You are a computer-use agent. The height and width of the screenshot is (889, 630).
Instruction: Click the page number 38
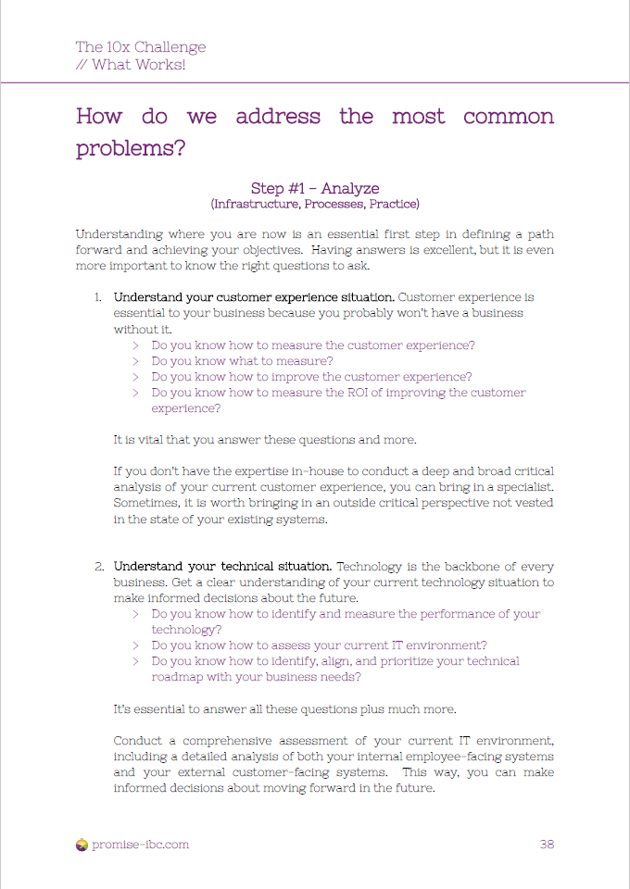[x=547, y=844]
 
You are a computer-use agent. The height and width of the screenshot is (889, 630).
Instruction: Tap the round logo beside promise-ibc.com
[x=82, y=844]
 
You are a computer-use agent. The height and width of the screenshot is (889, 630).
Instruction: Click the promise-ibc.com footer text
[x=140, y=844]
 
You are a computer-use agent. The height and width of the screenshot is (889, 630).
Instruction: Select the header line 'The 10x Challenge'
[x=141, y=47]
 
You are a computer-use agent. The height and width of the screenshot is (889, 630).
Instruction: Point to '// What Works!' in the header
[x=131, y=65]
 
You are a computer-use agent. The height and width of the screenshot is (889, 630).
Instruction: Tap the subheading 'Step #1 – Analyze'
[x=315, y=188]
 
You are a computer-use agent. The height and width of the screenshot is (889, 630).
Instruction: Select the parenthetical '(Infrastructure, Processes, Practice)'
[x=315, y=204]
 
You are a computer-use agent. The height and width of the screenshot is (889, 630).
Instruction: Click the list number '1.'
[x=97, y=297]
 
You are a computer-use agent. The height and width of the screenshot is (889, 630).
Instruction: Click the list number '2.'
[x=97, y=566]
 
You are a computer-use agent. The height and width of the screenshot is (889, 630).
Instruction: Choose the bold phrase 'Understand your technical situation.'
[x=222, y=566]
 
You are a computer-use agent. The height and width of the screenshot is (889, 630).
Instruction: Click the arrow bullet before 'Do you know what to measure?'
[x=135, y=361]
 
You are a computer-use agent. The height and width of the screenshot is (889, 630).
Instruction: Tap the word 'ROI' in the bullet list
[x=346, y=393]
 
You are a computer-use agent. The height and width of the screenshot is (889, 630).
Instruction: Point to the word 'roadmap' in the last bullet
[x=179, y=677]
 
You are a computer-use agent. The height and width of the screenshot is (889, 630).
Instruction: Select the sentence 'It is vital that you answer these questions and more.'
[x=265, y=439]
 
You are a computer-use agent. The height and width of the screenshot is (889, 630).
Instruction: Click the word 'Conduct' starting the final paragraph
[x=141, y=741]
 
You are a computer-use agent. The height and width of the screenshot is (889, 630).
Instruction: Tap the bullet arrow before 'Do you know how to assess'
[x=135, y=645]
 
